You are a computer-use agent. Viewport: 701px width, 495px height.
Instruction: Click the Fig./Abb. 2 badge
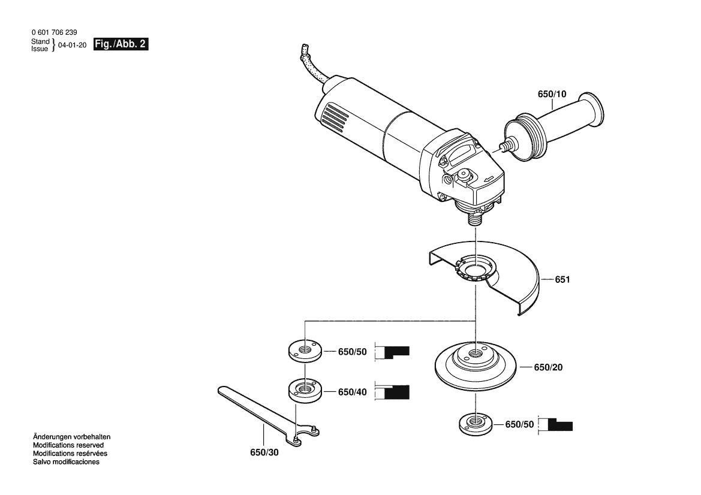[121, 44]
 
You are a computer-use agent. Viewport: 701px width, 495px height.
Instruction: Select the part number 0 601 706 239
[53, 32]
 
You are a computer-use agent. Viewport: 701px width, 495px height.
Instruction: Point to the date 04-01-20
[73, 45]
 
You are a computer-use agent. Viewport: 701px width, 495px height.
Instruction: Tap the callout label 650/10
[551, 95]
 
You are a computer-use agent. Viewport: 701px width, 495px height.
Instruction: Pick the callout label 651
[562, 280]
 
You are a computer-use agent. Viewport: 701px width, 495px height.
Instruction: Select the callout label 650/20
[549, 367]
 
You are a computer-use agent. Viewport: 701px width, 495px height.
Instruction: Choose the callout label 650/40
[353, 392]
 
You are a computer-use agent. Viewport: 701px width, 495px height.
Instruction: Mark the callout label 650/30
[264, 452]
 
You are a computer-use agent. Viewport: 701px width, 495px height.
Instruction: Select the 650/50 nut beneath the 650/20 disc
[475, 424]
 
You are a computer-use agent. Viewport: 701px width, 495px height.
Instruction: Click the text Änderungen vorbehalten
[71, 437]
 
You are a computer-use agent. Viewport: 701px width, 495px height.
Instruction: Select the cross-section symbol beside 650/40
[392, 392]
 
